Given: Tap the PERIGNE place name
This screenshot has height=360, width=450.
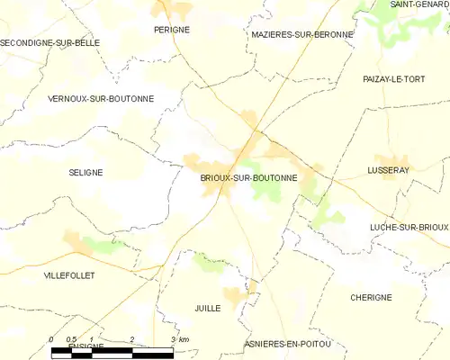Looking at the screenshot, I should pos(171,30).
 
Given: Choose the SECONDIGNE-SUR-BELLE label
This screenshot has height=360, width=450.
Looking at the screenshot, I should pos(50,42).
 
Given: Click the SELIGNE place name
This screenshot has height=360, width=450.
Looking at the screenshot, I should pos(85,172).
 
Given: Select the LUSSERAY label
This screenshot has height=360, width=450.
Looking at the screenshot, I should pos(389,170).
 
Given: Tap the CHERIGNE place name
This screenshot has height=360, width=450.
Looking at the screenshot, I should pos(372,297).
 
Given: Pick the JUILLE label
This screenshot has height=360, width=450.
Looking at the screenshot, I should pos(207,308).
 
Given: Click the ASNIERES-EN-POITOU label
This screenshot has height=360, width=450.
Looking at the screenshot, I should pos(288,345).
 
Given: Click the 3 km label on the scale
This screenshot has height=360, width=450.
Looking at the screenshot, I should pos(178,338).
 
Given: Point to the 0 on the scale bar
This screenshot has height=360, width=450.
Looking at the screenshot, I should pos(52,338).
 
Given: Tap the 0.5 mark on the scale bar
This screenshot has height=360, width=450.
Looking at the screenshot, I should pos(71,338).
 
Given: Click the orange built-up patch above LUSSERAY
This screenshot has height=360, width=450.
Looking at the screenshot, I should pos(391,159).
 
